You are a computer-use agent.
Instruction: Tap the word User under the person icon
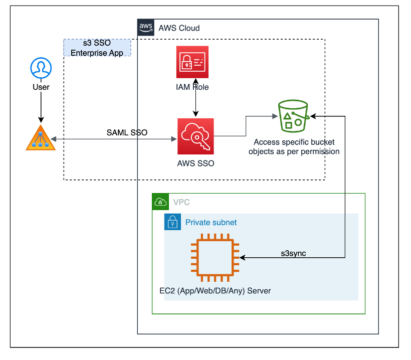(x=41, y=87)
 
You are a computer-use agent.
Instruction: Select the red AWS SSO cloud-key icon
(x=195, y=136)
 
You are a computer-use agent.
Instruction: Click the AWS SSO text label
(x=195, y=163)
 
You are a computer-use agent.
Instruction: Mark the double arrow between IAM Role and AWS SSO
(x=195, y=98)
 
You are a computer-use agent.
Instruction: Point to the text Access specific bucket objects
(x=294, y=146)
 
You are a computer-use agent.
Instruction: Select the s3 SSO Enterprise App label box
(x=97, y=48)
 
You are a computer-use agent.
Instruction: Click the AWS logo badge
(x=145, y=28)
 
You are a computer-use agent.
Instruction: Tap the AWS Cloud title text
(x=179, y=28)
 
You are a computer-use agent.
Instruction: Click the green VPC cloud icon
(x=160, y=202)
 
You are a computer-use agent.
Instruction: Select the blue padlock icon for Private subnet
(x=172, y=222)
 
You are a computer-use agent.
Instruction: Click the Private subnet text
(x=211, y=222)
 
